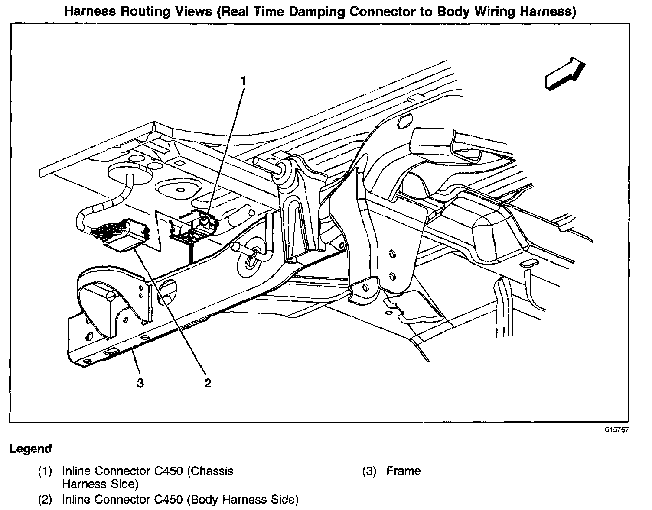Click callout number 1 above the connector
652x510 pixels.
pyautogui.click(x=243, y=81)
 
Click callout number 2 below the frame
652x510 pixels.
pyautogui.click(x=208, y=383)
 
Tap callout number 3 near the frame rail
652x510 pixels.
pyautogui.click(x=140, y=383)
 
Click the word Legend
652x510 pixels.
pyautogui.click(x=30, y=449)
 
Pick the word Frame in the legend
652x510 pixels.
pyautogui.click(x=403, y=471)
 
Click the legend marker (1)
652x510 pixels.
pyautogui.click(x=45, y=471)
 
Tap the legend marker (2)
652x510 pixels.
pyautogui.click(x=45, y=500)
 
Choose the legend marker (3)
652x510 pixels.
pyautogui.click(x=369, y=471)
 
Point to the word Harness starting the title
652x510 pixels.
pyautogui.click(x=90, y=12)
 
